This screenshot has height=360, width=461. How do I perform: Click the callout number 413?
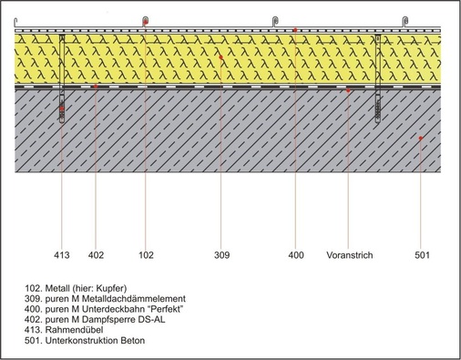click(61, 257)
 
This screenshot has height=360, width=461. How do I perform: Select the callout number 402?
click(97, 257)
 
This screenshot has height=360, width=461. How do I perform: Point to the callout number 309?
click(221, 257)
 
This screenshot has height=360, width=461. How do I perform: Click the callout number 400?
click(296, 257)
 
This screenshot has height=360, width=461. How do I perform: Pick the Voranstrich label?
click(349, 257)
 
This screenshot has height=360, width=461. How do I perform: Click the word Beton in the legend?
click(132, 342)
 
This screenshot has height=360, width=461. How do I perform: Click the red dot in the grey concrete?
click(420, 139)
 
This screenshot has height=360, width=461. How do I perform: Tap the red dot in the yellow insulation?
click(221, 57)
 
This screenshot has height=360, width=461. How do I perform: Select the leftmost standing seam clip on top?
click(145, 20)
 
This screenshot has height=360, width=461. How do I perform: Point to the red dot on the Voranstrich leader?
click(349, 91)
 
